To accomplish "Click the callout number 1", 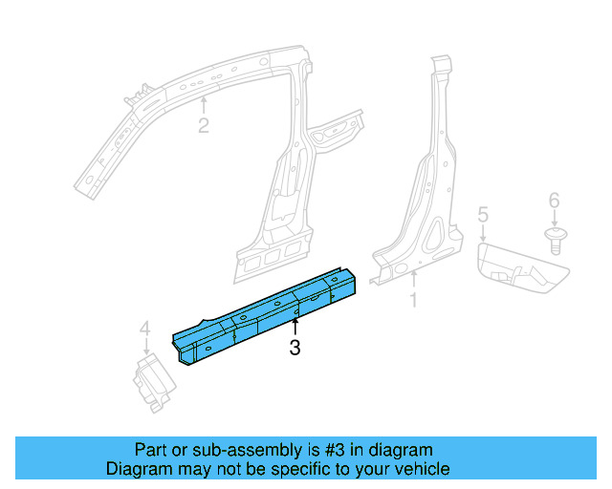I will [414, 302].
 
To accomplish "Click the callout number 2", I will [203, 126].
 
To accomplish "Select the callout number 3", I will [295, 350].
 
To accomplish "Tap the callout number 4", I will [145, 330].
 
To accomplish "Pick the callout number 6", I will [554, 201].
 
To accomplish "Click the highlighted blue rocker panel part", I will [268, 310].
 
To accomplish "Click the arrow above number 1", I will [414, 281].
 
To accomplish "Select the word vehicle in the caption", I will [418, 469].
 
